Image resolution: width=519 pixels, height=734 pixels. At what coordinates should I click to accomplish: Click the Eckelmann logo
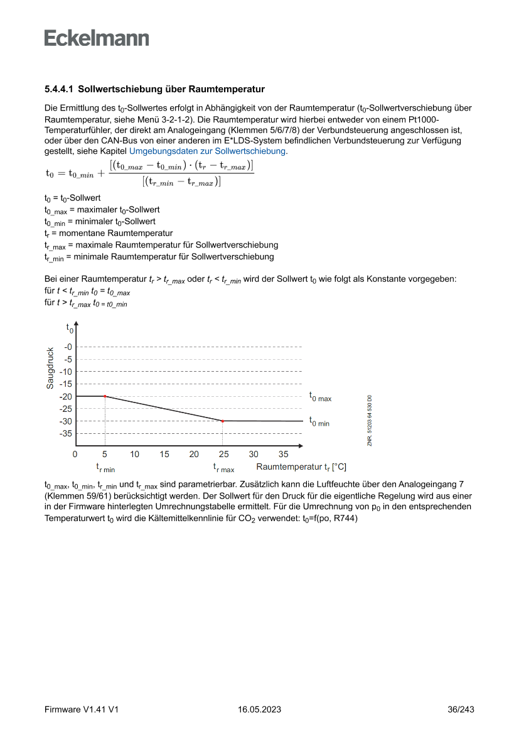(x=97, y=38)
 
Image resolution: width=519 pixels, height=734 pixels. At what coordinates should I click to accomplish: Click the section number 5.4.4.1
(x=58, y=89)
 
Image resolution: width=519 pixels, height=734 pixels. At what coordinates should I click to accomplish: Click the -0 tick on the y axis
(x=68, y=347)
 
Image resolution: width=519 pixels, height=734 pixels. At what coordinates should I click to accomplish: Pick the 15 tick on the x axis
(x=164, y=454)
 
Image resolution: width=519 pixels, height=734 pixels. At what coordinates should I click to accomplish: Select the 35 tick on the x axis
(x=283, y=454)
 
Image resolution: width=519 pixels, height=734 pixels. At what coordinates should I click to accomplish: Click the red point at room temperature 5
(x=105, y=396)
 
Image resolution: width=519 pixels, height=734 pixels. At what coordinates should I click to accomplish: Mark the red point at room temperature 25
(x=223, y=421)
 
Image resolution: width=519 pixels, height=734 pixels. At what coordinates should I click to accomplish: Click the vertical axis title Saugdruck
(x=50, y=368)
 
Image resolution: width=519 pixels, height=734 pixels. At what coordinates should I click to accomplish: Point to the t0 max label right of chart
(x=320, y=397)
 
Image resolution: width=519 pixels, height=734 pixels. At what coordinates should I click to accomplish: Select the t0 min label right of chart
(x=319, y=422)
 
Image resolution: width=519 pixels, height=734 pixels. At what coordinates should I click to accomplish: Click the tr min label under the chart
(x=105, y=468)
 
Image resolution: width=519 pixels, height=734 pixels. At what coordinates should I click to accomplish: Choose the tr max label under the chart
(x=223, y=468)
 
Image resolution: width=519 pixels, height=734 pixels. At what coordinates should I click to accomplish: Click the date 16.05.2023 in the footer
(x=259, y=710)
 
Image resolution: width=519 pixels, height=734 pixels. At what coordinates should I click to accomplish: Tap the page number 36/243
(x=461, y=710)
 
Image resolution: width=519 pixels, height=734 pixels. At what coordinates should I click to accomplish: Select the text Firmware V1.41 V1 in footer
(x=82, y=710)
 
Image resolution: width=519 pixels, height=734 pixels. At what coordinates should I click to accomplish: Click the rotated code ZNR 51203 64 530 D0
(x=370, y=421)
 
